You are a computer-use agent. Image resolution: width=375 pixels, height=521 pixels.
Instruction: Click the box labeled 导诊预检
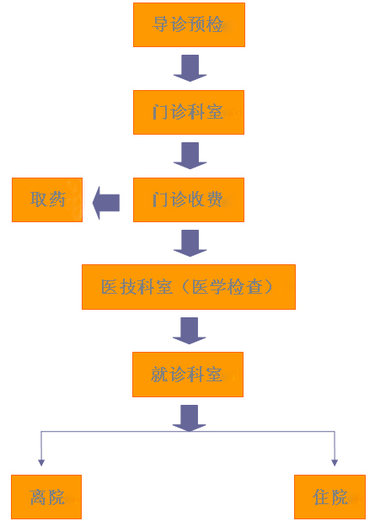click(189, 25)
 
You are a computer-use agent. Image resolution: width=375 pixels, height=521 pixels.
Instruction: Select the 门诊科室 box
click(189, 112)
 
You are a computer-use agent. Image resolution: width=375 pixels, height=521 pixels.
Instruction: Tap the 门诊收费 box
click(189, 199)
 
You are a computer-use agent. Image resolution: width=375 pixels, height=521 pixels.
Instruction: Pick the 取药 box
click(47, 199)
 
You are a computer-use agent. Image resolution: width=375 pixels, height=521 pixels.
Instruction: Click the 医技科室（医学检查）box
click(189, 287)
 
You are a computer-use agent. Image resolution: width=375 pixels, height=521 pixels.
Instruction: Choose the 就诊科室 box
click(188, 375)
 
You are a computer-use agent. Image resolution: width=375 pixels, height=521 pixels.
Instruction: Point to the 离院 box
click(46, 497)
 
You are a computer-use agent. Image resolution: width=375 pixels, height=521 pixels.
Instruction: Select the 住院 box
click(330, 497)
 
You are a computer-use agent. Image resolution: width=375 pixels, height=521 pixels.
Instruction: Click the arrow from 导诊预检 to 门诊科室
click(190, 68)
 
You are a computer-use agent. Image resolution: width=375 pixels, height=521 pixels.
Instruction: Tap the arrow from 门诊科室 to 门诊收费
click(190, 156)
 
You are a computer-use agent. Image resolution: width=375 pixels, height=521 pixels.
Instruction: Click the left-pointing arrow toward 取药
click(106, 203)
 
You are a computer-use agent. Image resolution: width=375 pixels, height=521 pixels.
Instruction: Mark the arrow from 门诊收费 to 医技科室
click(190, 243)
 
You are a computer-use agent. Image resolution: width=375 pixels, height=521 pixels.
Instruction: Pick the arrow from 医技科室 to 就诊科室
click(190, 331)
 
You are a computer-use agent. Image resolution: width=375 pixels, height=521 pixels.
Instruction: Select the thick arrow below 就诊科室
click(190, 418)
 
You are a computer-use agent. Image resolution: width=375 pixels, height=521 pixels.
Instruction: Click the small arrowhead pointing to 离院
click(41, 463)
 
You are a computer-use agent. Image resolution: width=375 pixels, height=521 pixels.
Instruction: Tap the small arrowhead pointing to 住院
click(335, 463)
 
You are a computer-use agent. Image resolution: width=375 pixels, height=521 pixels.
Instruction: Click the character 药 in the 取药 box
click(56, 199)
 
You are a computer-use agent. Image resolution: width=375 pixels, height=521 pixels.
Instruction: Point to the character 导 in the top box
click(161, 24)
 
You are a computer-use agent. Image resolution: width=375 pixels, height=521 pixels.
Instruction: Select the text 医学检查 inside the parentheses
click(228, 287)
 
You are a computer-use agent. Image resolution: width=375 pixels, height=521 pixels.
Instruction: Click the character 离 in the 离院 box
click(38, 497)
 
